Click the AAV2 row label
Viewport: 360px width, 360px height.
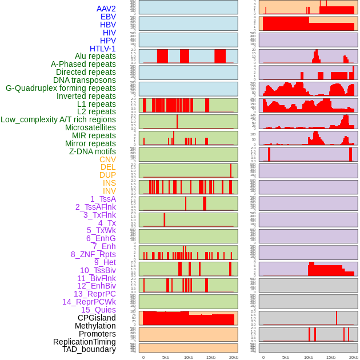(106, 9)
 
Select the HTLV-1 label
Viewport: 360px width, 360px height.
(102, 49)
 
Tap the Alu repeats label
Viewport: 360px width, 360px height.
(95, 57)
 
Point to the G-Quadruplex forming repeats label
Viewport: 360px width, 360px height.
(61, 88)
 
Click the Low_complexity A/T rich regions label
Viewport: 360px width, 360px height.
(58, 119)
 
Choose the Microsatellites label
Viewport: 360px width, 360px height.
(90, 127)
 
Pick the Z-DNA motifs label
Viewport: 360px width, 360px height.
(92, 151)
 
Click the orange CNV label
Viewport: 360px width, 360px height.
(107, 159)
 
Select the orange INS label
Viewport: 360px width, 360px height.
(109, 183)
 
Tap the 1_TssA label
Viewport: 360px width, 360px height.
(103, 199)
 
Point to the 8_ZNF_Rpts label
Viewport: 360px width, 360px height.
(93, 254)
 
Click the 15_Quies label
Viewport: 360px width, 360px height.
(98, 310)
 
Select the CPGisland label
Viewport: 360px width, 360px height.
(97, 318)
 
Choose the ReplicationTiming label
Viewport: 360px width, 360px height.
(84, 342)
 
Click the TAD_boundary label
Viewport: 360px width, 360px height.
(89, 349)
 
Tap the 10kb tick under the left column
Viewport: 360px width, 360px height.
(188, 357)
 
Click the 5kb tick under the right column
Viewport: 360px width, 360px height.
(286, 357)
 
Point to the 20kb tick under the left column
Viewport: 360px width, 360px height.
(233, 357)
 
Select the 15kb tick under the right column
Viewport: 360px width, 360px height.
(331, 357)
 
